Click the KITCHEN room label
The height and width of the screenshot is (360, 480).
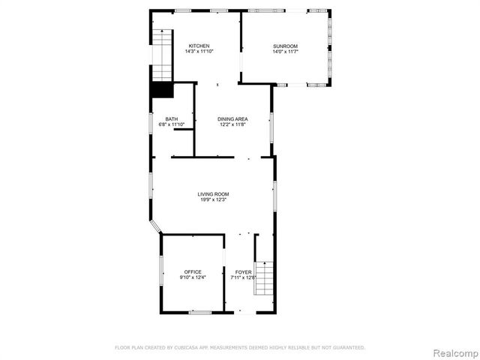click(199, 46)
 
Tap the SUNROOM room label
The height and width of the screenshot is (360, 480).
click(286, 46)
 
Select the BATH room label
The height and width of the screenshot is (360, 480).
click(172, 119)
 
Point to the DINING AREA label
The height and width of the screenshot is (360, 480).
click(232, 119)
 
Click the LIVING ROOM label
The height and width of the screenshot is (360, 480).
click(213, 194)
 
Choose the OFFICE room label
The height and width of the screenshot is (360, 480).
click(193, 271)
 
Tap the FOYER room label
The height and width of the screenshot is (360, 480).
click(244, 271)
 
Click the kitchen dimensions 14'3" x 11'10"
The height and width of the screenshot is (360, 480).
click(199, 52)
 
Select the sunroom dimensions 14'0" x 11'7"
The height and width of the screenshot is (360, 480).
click(286, 52)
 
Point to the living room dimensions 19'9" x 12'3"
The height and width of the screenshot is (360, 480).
click(213, 200)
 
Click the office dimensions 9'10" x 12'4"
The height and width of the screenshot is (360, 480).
click(193, 277)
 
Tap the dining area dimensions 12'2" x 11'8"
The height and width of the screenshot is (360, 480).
click(232, 125)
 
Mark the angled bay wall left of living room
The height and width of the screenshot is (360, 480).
click(154, 226)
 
